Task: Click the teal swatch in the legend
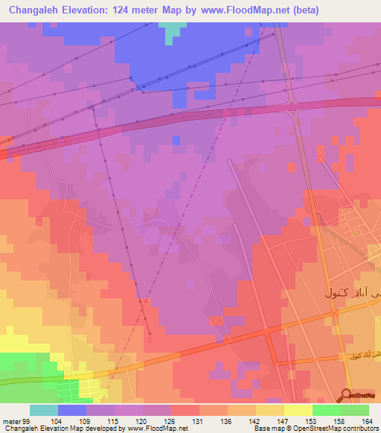pyautogui.click(x=44, y=410)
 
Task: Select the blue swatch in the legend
pyautogui.click(x=72, y=410)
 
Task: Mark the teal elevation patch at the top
pyautogui.click(x=173, y=31)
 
